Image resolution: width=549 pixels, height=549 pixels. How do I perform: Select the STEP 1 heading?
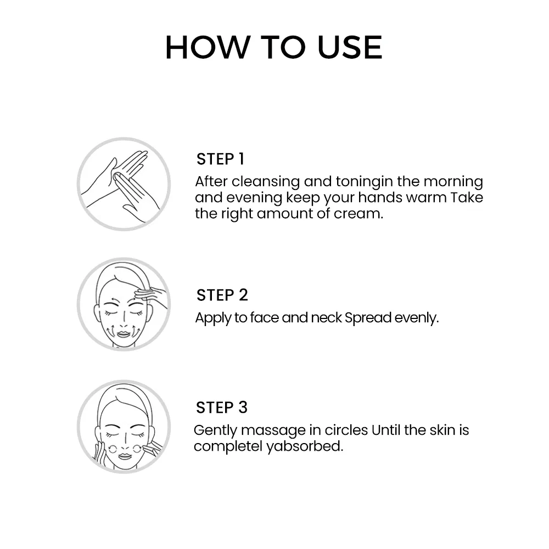coord(220,159)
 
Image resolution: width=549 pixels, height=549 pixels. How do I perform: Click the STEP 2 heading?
coord(222,295)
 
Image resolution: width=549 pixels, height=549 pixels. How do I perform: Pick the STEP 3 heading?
coord(222,407)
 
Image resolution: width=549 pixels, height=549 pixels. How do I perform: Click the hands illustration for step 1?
coord(124,184)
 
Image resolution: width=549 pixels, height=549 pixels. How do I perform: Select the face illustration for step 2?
coord(124,305)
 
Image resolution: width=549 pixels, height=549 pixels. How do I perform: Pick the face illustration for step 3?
coord(124,427)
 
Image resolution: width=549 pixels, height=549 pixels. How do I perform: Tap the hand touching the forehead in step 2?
coord(151,294)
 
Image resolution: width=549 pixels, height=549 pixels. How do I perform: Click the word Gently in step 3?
coord(216,430)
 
